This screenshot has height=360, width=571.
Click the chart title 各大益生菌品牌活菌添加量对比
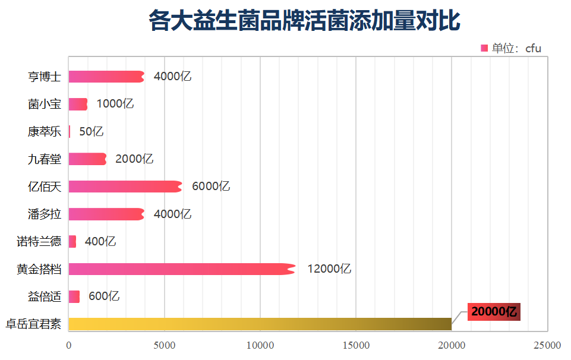pos(304,21)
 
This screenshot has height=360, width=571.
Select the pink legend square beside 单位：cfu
pos(484,48)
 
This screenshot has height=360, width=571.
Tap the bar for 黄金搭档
pos(181,269)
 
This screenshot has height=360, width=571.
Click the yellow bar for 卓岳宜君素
pos(260,324)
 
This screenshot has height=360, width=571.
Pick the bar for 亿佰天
pos(125,187)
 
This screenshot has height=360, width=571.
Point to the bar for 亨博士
pos(106,77)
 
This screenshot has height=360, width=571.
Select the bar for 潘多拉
pos(106,214)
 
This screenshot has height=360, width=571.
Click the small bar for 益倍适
pos(74,296)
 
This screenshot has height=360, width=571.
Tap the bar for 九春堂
pos(87,159)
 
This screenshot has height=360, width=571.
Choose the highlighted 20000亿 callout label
pos(494,312)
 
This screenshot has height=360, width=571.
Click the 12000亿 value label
pos(329,269)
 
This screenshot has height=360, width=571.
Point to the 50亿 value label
pos(91,132)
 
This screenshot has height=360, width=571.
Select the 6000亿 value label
pos(211,187)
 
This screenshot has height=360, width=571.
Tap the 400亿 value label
pos(100,242)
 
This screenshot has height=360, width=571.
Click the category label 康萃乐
pos(45,132)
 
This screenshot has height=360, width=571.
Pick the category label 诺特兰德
pos(39,242)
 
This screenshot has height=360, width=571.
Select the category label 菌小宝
pos(45,104)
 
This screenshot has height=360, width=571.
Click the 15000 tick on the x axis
pos(355,345)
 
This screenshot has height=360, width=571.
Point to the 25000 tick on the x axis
pos(547,345)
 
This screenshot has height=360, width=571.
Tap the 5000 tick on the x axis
pos(165,345)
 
